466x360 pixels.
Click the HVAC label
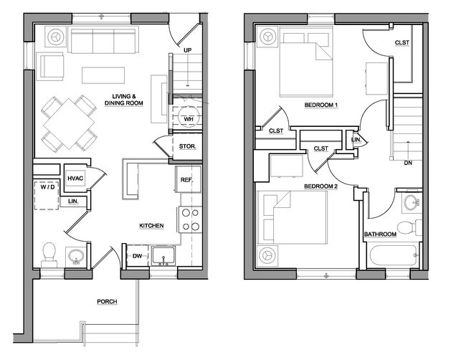click(75, 179)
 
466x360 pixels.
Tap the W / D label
click(47, 187)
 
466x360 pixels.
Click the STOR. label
click(188, 146)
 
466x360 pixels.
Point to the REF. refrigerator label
click(187, 180)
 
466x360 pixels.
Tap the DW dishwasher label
click(137, 255)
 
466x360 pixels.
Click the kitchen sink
click(163, 255)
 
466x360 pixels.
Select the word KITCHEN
click(151, 226)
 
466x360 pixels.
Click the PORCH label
click(107, 302)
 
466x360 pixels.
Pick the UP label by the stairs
click(188, 50)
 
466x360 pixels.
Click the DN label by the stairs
click(408, 163)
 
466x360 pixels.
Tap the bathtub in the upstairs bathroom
click(393, 255)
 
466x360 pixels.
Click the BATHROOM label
click(380, 235)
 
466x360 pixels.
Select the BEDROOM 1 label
click(321, 105)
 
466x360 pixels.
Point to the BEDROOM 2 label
click(320, 186)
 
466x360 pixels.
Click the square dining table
click(69, 123)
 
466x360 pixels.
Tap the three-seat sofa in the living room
click(103, 39)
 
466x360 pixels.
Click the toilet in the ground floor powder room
click(49, 255)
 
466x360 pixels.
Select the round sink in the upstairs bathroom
click(412, 202)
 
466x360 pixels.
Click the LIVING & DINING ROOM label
click(123, 100)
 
